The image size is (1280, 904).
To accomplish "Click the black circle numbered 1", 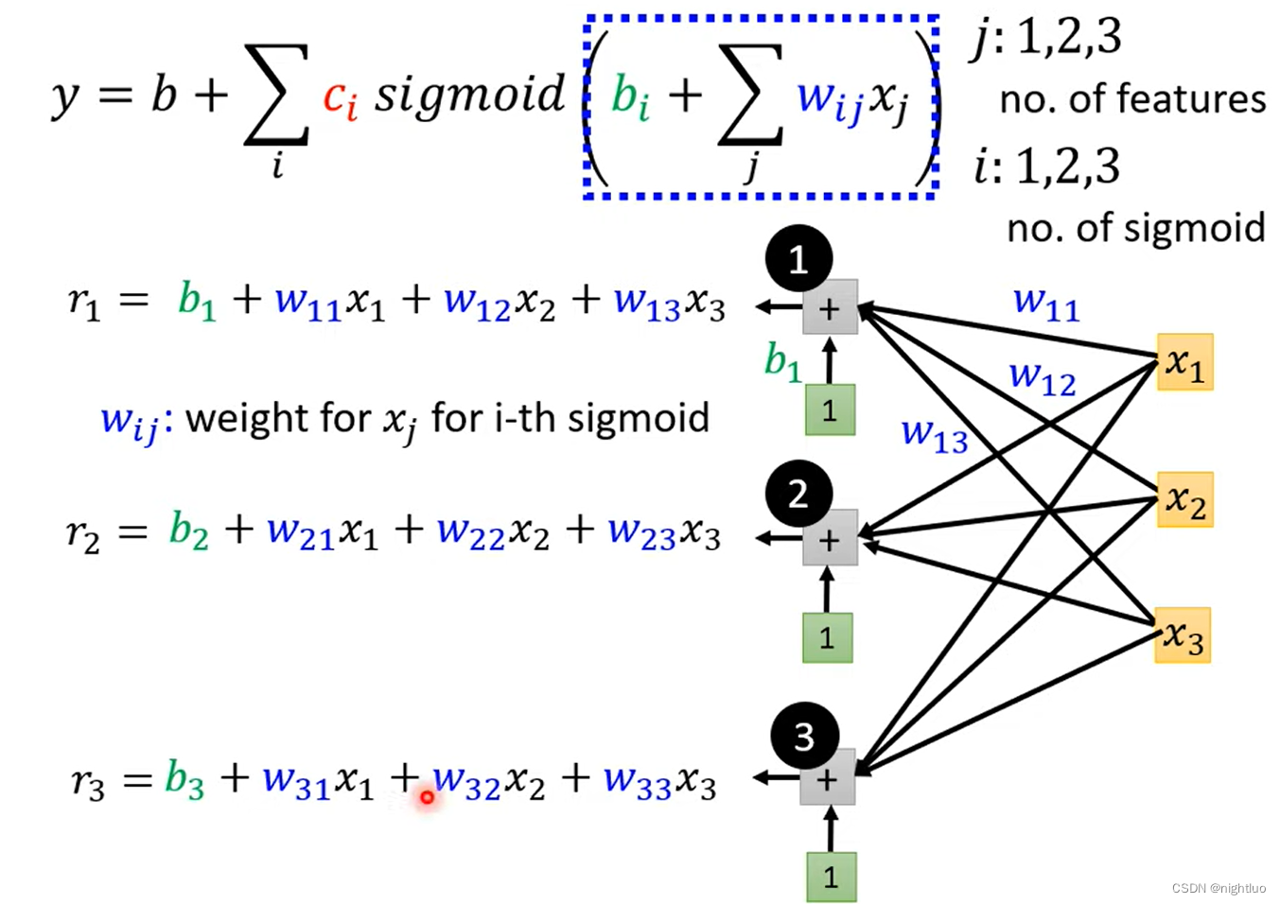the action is [x=798, y=259].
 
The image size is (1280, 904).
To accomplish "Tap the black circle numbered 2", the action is [x=798, y=494].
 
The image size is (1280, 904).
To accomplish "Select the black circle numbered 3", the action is [x=804, y=736].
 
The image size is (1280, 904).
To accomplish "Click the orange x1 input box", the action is [x=1185, y=362].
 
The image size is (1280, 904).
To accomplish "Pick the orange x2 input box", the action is [x=1185, y=499].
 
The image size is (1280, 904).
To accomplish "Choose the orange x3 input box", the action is [x=1183, y=635].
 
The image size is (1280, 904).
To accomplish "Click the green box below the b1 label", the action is [x=831, y=409].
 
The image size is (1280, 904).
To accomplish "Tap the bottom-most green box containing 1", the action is [x=832, y=877].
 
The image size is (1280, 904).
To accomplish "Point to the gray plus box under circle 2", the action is [x=831, y=538].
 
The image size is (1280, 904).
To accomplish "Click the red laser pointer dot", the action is [x=427, y=796].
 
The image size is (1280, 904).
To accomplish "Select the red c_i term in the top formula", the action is [x=341, y=98].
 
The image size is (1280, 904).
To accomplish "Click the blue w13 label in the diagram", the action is [x=935, y=435].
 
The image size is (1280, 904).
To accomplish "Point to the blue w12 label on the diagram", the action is [x=1043, y=378].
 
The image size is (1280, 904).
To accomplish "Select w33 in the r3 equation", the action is [x=637, y=781].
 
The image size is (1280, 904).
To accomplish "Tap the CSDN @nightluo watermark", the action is [x=1219, y=888].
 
